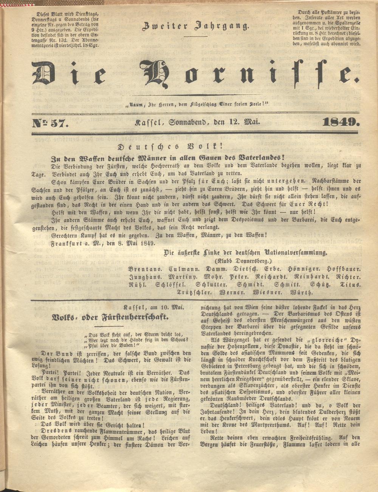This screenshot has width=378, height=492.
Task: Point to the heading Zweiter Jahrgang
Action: [195, 26]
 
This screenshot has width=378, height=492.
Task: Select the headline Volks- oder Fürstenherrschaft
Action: [110, 317]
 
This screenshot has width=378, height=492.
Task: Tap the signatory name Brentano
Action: [145, 269]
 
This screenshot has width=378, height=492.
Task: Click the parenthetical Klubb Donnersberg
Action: [243, 261]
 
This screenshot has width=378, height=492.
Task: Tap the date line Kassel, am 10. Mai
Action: [153, 307]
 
